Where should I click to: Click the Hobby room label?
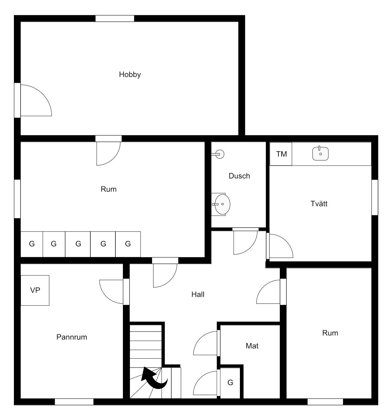[130, 75]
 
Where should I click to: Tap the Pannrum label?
[72, 337]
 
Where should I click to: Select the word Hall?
[198, 295]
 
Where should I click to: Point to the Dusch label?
[239, 176]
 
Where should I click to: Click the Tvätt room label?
[319, 204]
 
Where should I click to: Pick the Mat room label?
[252, 346]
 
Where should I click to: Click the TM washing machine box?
[281, 154]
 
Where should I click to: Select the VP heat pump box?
[35, 290]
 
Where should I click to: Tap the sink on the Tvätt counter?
[320, 154]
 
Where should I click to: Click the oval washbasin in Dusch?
[222, 204]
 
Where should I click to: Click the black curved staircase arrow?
[154, 378]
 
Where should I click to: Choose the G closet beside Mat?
[230, 383]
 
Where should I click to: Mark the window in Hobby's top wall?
[115, 18]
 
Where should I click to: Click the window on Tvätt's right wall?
[375, 198]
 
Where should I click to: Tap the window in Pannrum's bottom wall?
[74, 402]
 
